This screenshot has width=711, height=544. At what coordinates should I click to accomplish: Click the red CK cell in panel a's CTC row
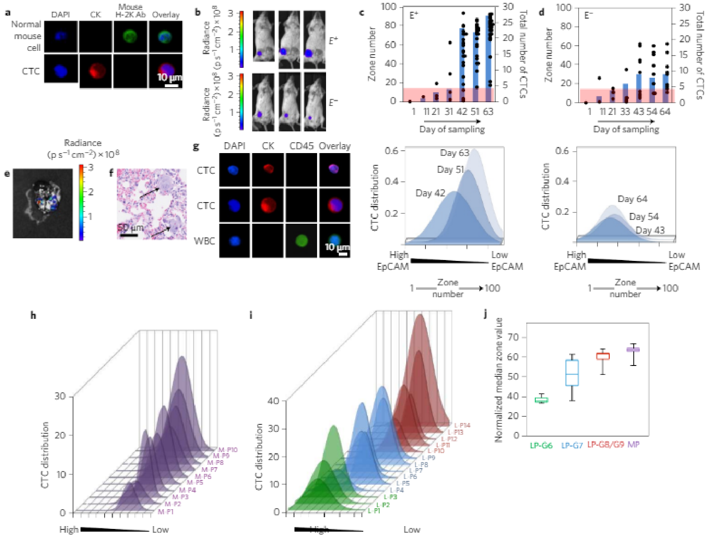pos(96,71)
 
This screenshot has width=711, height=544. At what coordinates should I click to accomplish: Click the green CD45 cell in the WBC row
pos(301,241)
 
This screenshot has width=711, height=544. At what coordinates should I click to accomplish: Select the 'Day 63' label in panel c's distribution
pos(455,153)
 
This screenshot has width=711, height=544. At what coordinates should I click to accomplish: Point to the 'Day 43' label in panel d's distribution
pos(650,230)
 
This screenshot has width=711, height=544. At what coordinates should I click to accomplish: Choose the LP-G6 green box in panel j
pos(541,400)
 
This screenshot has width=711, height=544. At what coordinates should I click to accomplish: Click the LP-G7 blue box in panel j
pos(572,373)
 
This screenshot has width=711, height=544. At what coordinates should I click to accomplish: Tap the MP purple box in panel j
pos(633,349)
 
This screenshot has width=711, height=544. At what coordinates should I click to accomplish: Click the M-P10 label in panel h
pos(228,450)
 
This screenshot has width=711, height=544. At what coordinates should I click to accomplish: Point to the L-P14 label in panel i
pos(462,425)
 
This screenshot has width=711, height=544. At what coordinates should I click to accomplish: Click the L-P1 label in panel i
pos(374,511)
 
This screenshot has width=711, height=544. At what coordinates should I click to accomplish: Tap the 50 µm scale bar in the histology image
pos(129,234)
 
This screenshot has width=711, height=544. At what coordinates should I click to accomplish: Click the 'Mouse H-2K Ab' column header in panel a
pos(131,11)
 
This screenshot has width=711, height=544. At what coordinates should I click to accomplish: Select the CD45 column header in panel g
pos(301,146)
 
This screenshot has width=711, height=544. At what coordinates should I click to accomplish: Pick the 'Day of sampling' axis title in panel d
pos(626,129)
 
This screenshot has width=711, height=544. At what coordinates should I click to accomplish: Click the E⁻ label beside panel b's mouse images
pos(333,102)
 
